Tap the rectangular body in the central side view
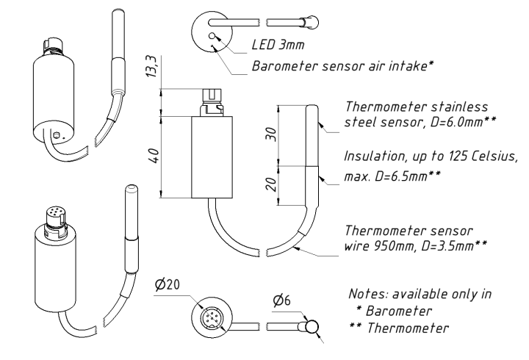coord(212,157)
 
